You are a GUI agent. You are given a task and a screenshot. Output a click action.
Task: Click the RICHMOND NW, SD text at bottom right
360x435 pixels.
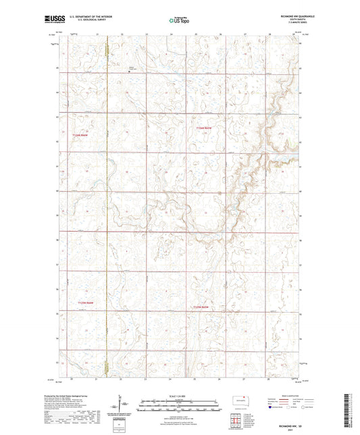[291, 425]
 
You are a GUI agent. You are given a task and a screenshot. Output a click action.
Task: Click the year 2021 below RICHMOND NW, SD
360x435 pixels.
[291, 430]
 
